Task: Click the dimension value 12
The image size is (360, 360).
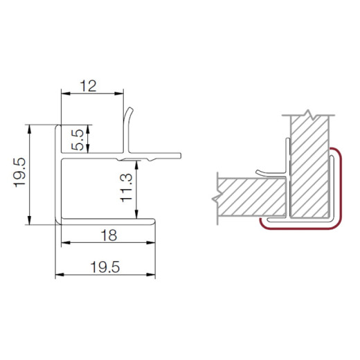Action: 88,86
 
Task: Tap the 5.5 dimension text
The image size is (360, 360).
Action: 78,140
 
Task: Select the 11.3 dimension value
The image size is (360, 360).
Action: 127,188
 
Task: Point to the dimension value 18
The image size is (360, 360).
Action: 109,235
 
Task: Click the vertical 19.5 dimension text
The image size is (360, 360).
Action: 19,172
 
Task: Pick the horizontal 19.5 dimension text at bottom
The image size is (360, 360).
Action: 105,267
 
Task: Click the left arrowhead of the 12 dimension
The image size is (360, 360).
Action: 66,93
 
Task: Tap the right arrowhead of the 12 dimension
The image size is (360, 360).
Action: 119,93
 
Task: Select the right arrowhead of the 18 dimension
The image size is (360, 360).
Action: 151,243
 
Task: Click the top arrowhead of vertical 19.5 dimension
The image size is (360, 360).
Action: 29,129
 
